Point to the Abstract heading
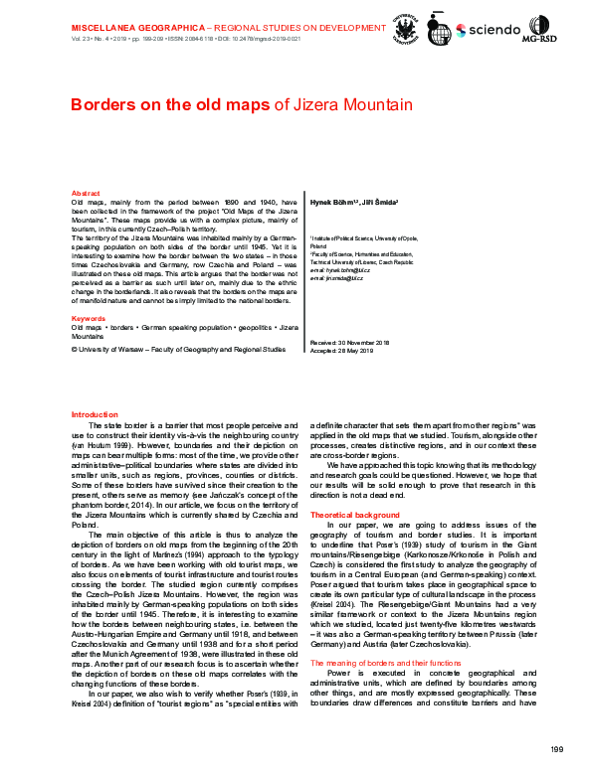click(x=86, y=193)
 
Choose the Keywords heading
click(x=89, y=318)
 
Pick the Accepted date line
click(x=341, y=350)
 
